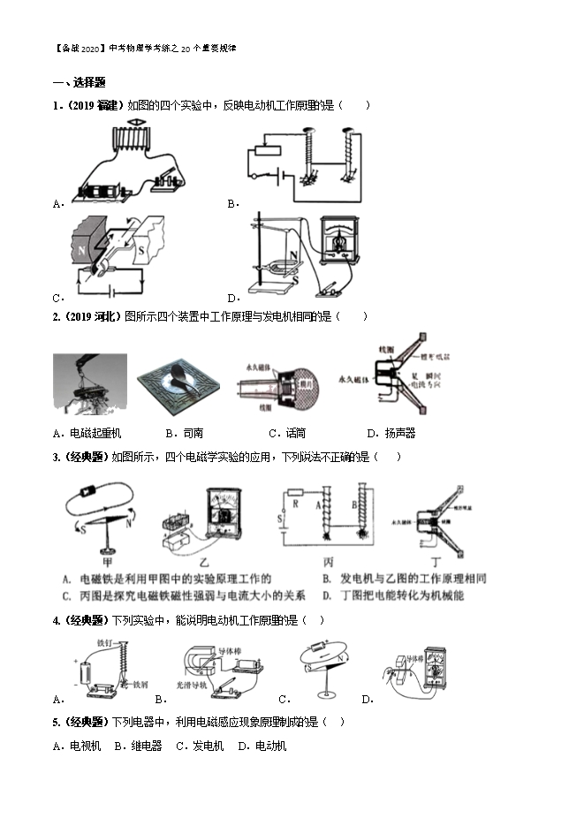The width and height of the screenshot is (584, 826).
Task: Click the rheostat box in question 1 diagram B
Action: (264, 150)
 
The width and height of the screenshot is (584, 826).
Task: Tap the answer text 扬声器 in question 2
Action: (397, 433)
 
